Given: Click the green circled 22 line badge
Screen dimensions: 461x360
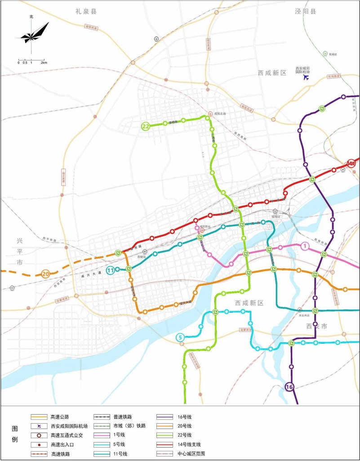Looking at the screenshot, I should point(146,126).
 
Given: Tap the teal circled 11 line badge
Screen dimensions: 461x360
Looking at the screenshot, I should point(111,270).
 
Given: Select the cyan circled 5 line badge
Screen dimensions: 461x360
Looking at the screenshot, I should point(180,338).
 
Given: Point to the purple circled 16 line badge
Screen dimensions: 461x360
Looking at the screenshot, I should point(289,387).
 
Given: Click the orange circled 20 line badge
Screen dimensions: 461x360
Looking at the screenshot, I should point(45,273).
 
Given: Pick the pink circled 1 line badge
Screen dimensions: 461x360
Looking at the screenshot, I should point(304,246).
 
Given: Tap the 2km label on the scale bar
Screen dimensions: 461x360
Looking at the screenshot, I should point(44,63).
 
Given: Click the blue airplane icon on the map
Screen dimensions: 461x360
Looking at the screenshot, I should point(307,77).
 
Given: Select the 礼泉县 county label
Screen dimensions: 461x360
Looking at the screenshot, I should point(86,11).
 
